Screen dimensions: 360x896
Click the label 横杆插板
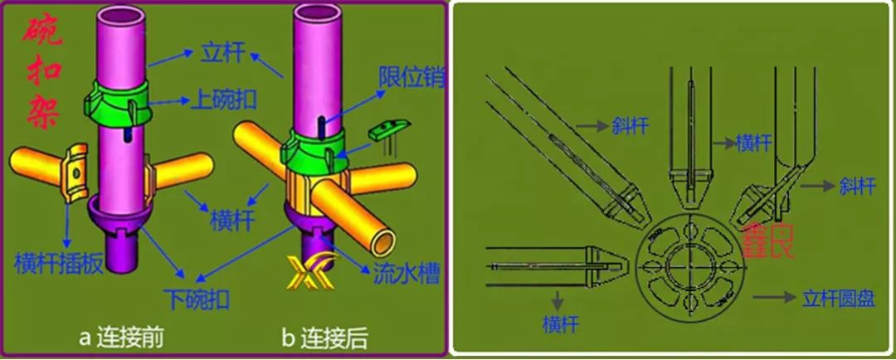pos(59,264)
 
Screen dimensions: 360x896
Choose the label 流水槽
pos(406,274)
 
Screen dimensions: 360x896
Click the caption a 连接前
pos(121,338)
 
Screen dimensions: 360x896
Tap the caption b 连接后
pos(324,338)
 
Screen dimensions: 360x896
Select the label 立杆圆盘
pos(838,299)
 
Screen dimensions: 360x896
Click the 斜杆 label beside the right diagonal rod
pos(855,185)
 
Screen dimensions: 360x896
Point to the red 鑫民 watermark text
pos(768,240)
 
